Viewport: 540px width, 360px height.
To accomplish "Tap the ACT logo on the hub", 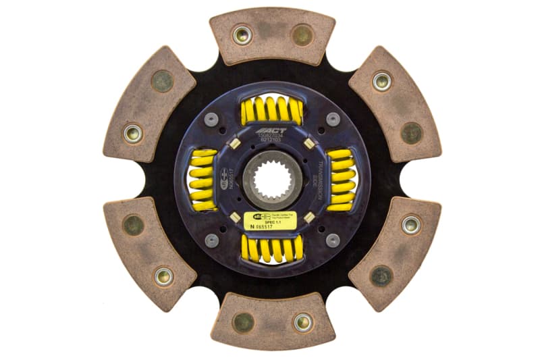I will [271, 131].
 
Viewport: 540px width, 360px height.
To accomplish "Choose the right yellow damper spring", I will [341, 180].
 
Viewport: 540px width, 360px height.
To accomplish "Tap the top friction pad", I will [272, 35].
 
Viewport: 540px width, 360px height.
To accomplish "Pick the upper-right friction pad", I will [396, 104].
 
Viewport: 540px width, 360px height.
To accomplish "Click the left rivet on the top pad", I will [241, 34].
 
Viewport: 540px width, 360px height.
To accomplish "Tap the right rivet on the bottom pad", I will [302, 322].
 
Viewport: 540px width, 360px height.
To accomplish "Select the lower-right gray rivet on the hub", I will [332, 240].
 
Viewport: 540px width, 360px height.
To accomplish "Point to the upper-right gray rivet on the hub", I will [332, 120].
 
